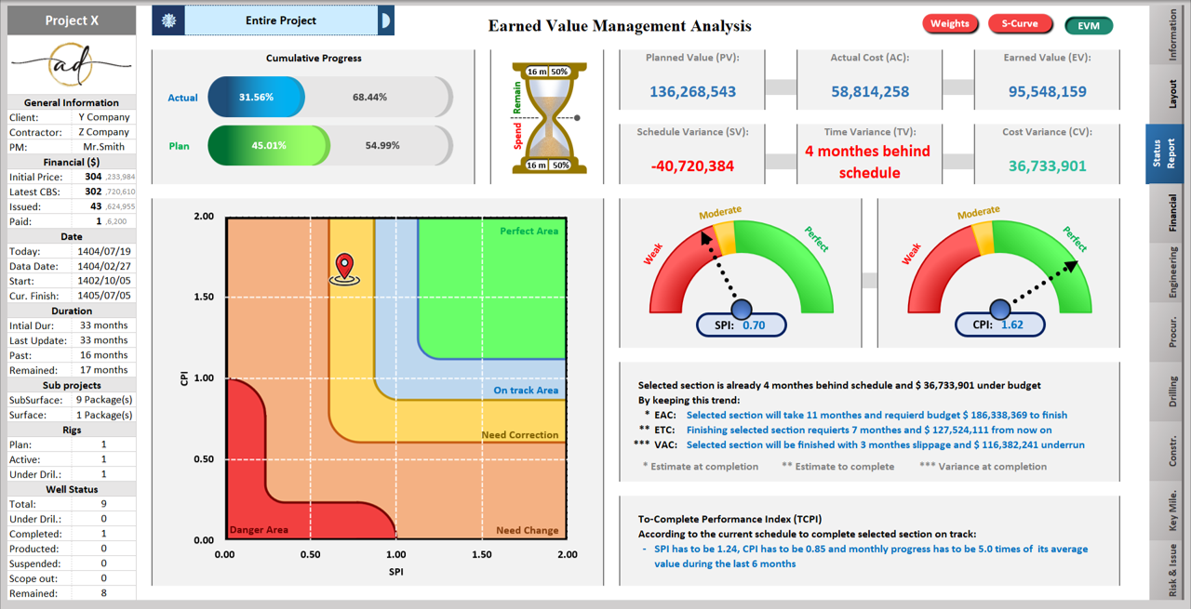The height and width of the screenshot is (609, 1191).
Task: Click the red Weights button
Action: click(x=949, y=24)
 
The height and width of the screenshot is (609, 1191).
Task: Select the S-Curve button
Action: click(x=1020, y=24)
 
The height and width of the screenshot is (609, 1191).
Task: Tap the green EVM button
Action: click(x=1089, y=26)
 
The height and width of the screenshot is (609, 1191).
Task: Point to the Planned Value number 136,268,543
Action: click(x=692, y=92)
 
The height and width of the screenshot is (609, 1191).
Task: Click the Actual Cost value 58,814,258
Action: click(x=870, y=92)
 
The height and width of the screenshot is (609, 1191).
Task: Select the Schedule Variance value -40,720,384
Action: click(x=692, y=166)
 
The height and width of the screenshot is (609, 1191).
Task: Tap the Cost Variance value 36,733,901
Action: click(x=1047, y=166)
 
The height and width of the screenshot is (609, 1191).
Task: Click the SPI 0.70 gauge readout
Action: click(x=743, y=325)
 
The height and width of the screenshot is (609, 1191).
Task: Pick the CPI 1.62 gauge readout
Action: click(x=1000, y=325)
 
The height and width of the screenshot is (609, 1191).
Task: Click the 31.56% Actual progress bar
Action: click(x=257, y=98)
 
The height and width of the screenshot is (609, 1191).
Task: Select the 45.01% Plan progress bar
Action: click(x=268, y=146)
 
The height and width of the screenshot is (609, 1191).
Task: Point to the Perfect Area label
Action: click(x=529, y=232)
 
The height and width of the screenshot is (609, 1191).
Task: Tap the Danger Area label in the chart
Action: click(x=259, y=531)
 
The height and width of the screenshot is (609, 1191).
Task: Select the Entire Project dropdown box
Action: click(x=281, y=20)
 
